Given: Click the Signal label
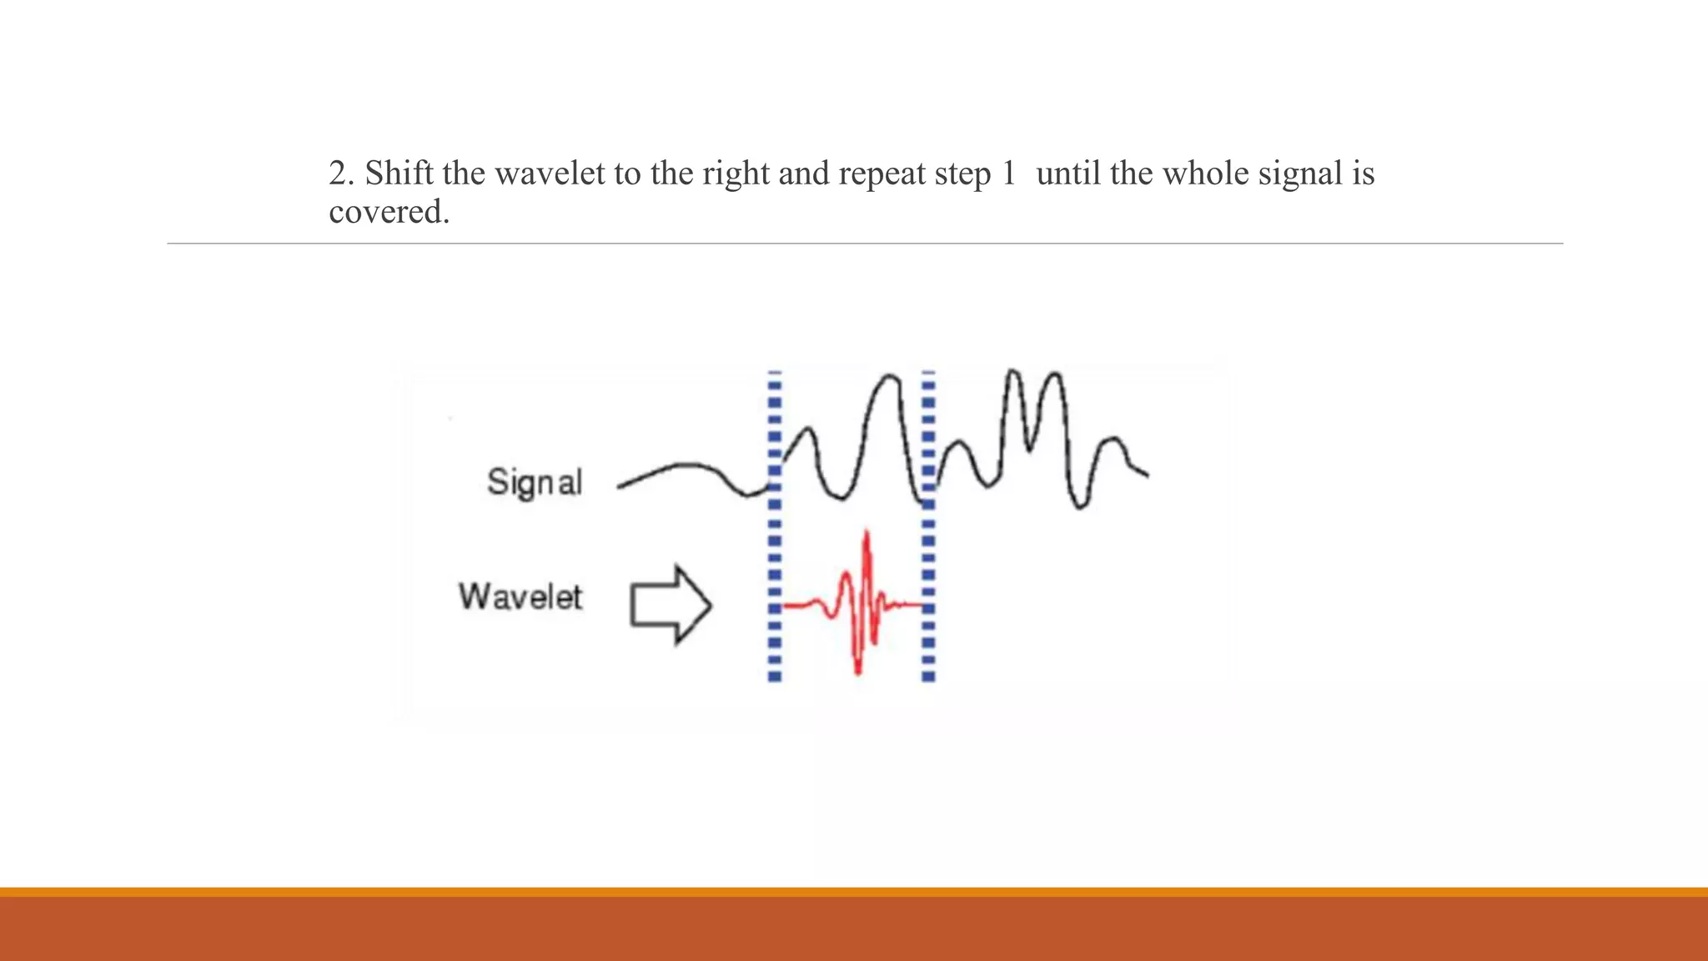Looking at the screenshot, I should (535, 483).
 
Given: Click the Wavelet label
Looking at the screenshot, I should (520, 597).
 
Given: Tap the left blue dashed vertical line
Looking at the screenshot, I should (775, 526).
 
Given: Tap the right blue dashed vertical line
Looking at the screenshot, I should (928, 526).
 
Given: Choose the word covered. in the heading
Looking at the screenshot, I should (389, 212).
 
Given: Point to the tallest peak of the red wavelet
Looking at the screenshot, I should (867, 532).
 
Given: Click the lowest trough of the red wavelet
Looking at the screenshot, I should (857, 672).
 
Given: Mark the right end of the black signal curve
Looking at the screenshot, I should (1148, 475).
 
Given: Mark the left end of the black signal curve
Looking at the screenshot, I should (620, 486).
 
